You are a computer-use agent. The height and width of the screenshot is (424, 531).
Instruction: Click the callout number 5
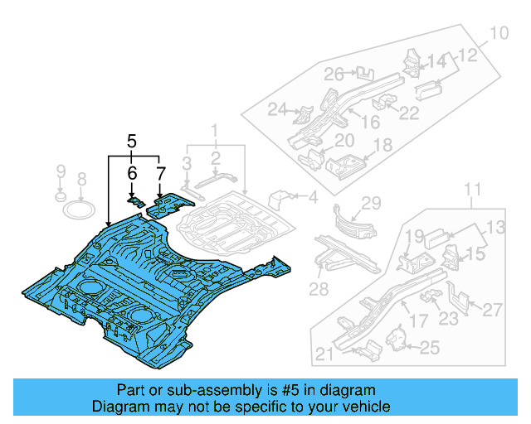tap(131, 142)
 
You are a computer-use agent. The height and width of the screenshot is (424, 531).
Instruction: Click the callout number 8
tap(81, 179)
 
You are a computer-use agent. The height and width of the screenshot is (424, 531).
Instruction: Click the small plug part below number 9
tap(60, 197)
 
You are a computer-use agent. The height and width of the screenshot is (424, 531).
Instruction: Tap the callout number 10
tap(496, 34)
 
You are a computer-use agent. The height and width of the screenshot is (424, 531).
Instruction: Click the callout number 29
tap(370, 204)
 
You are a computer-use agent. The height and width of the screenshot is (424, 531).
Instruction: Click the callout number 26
tap(334, 75)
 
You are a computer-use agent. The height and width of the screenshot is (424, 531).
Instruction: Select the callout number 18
tap(382, 146)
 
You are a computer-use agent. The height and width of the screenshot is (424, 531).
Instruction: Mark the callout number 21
tap(324, 355)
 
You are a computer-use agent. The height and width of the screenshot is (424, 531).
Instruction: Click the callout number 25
tap(429, 348)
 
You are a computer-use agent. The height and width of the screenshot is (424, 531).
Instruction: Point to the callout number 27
tap(492, 310)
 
